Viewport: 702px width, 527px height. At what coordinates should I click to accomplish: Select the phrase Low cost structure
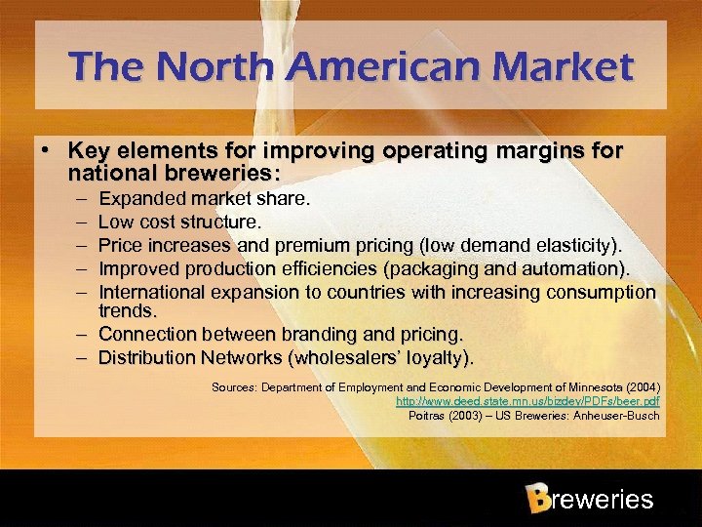(180, 223)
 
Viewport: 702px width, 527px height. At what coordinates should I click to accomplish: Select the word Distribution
(147, 358)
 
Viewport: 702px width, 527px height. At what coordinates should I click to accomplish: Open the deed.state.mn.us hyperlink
(526, 401)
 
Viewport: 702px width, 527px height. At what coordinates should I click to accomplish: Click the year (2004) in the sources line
(640, 386)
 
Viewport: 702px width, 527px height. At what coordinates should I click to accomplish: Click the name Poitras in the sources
(427, 416)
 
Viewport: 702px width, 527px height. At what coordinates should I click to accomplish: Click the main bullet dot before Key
(46, 152)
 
